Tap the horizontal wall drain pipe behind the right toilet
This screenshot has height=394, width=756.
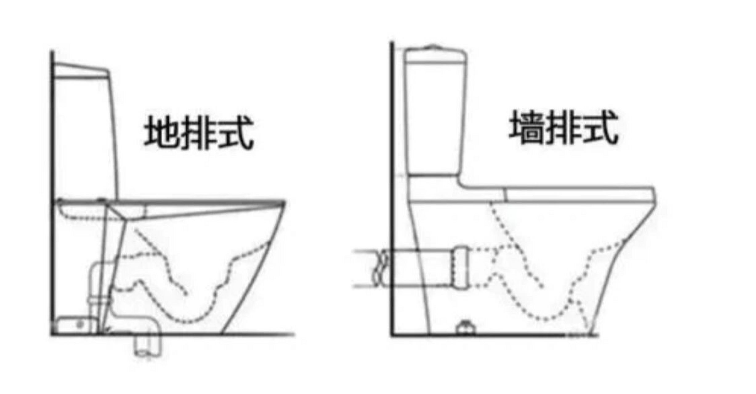416,268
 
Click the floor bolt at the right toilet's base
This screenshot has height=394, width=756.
465,328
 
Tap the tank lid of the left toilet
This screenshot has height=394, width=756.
81,70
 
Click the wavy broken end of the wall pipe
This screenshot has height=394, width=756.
381,268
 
